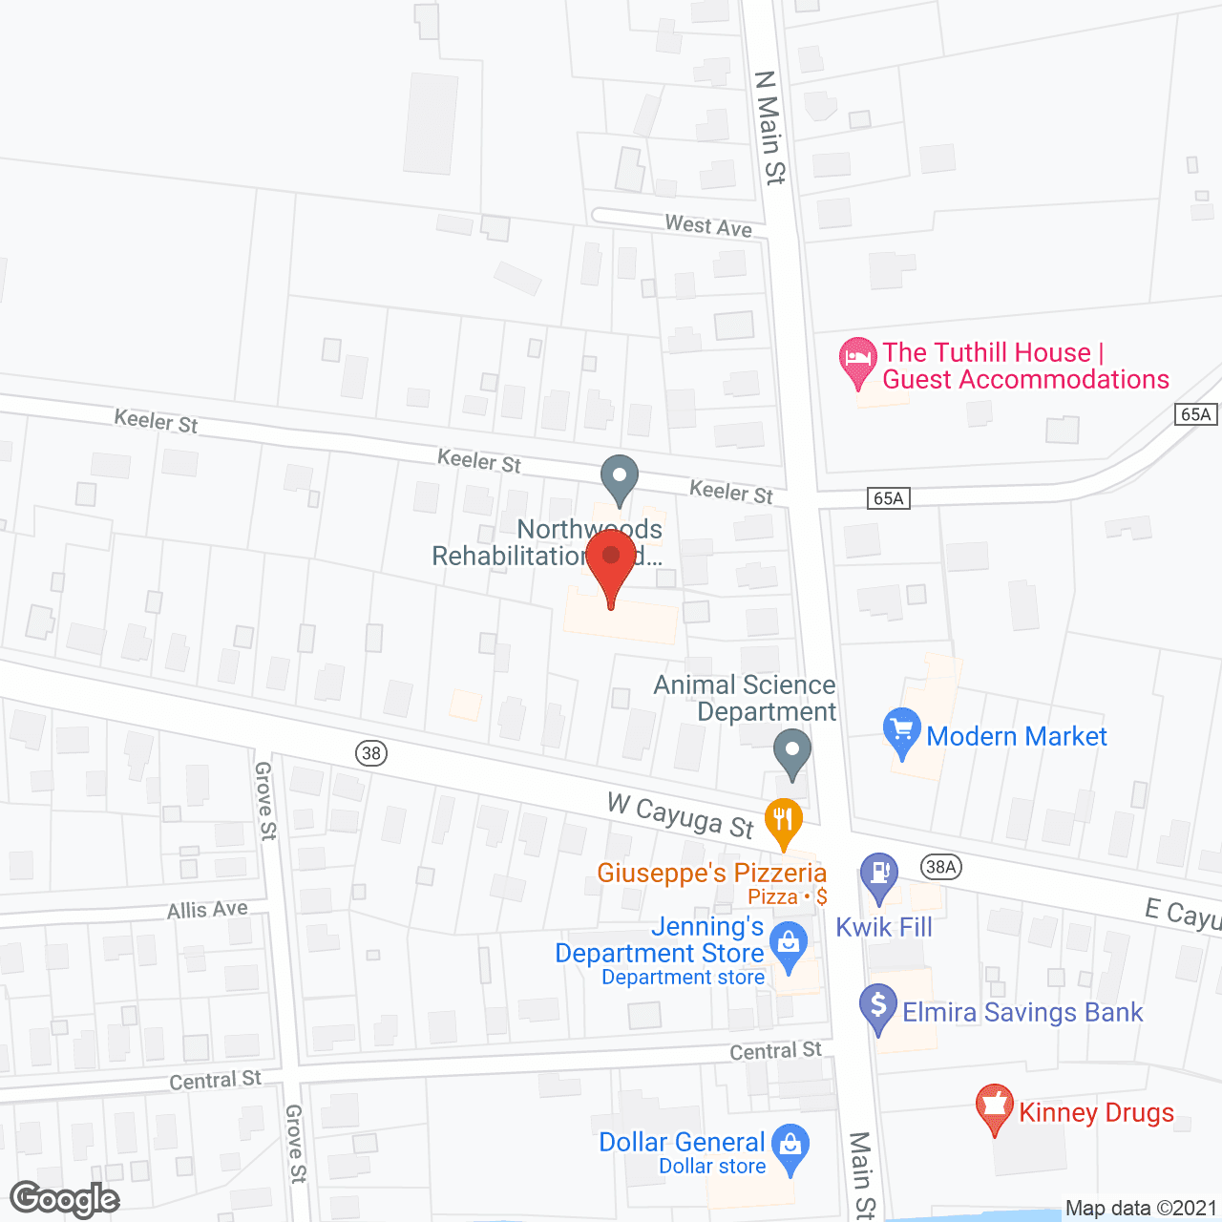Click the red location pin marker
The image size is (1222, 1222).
click(611, 564)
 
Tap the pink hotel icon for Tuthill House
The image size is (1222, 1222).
click(857, 361)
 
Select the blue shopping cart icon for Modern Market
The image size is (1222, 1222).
click(901, 732)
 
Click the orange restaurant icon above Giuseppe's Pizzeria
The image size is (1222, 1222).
click(783, 821)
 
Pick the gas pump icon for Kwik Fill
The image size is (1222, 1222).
click(879, 875)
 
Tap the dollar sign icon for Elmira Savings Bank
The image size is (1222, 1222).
click(878, 1007)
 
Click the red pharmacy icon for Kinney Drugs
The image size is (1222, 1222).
click(994, 1107)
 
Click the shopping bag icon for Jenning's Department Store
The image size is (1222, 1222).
click(789, 945)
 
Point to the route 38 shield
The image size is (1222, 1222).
click(371, 753)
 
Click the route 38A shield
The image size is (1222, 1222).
click(940, 867)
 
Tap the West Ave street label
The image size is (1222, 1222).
click(708, 225)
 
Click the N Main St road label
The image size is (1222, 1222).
click(769, 127)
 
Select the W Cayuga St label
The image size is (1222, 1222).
click(681, 814)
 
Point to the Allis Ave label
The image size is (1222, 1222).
click(207, 909)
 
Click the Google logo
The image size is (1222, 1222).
click(65, 1199)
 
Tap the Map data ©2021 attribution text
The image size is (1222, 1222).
click(1141, 1208)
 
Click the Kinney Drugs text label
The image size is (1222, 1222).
click(1096, 1112)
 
